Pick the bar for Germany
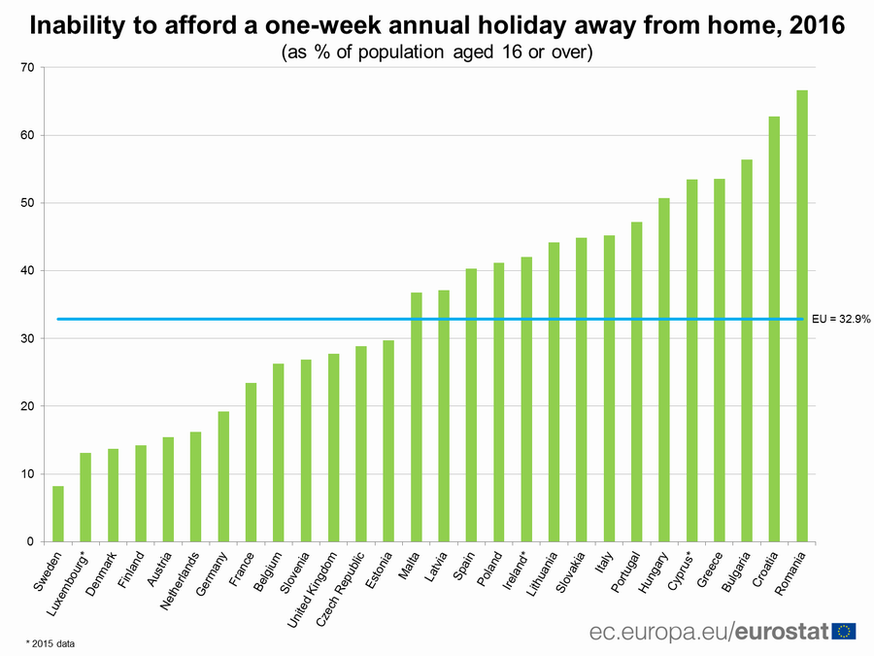223,476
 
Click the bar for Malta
417,417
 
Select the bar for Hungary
664,369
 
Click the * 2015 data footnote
50,642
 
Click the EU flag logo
844,631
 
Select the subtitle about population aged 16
436,52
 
